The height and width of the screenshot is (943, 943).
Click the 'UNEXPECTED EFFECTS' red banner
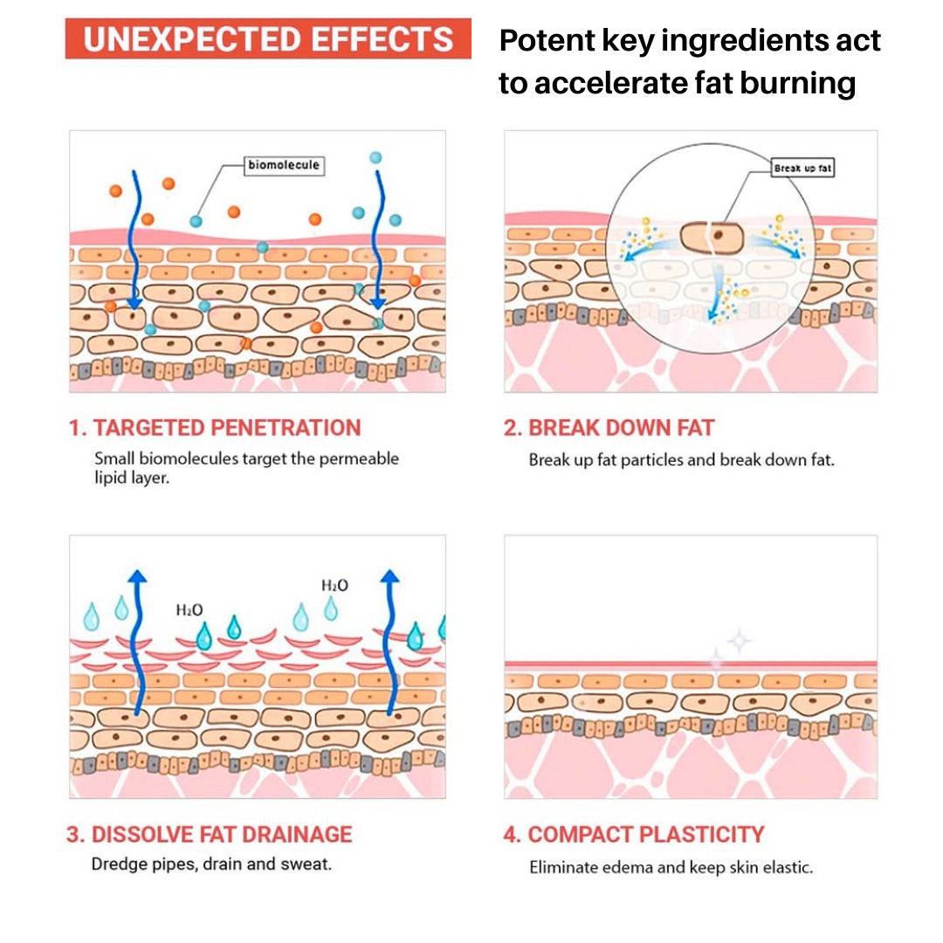click(268, 39)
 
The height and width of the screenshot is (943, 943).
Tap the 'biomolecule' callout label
click(284, 165)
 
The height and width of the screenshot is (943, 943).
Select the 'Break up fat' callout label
click(802, 168)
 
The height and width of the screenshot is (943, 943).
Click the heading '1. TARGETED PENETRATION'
click(215, 428)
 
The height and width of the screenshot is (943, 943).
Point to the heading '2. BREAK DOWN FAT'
click(609, 428)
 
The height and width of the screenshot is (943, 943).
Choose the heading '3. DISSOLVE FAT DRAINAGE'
click(210, 834)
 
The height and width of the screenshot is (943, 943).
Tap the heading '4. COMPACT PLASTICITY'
click(633, 834)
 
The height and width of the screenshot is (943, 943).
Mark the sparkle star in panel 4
click(739, 642)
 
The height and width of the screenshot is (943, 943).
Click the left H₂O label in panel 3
click(189, 609)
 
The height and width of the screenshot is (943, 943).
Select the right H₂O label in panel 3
click(334, 585)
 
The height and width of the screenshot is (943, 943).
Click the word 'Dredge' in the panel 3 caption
click(119, 864)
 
